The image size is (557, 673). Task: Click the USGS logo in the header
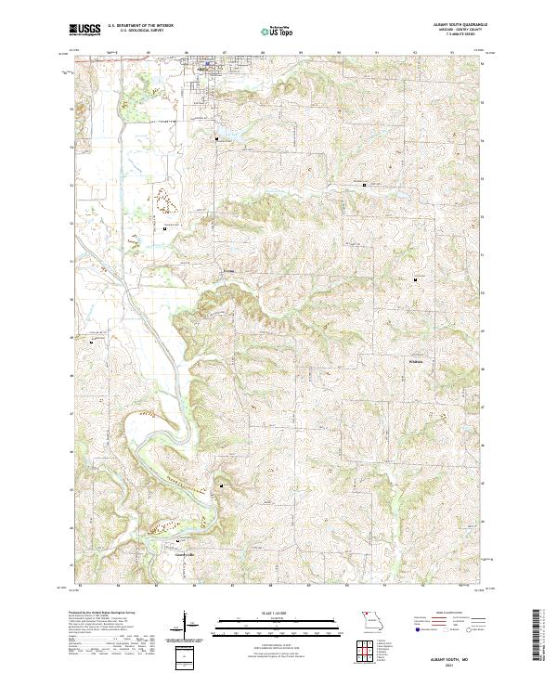[84, 31]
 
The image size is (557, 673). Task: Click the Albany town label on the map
[202, 69]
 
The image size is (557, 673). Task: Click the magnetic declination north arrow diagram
[186, 626]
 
